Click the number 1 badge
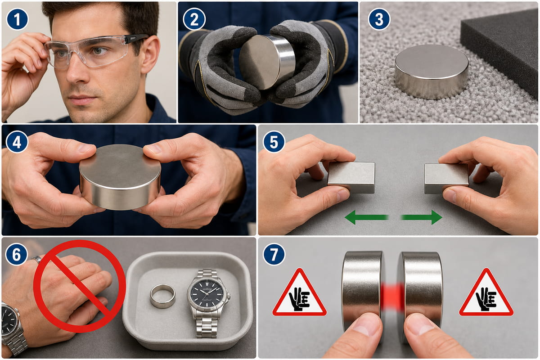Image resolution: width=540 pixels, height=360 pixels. click(x=18, y=19)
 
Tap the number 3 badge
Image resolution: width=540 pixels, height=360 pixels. click(x=379, y=19)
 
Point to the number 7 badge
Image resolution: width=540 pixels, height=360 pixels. click(x=274, y=254)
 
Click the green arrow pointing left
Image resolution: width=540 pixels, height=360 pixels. click(x=366, y=217)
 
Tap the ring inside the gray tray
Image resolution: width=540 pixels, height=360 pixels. click(x=162, y=296)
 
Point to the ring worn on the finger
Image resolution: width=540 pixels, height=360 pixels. click(x=37, y=259)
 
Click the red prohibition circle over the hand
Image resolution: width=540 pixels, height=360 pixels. click(x=80, y=287)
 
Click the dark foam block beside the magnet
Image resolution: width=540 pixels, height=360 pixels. click(x=500, y=52)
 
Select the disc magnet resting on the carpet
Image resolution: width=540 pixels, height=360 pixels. click(x=432, y=72)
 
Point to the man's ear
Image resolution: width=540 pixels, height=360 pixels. click(x=150, y=54)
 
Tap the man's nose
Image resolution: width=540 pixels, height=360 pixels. click(x=76, y=70)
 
